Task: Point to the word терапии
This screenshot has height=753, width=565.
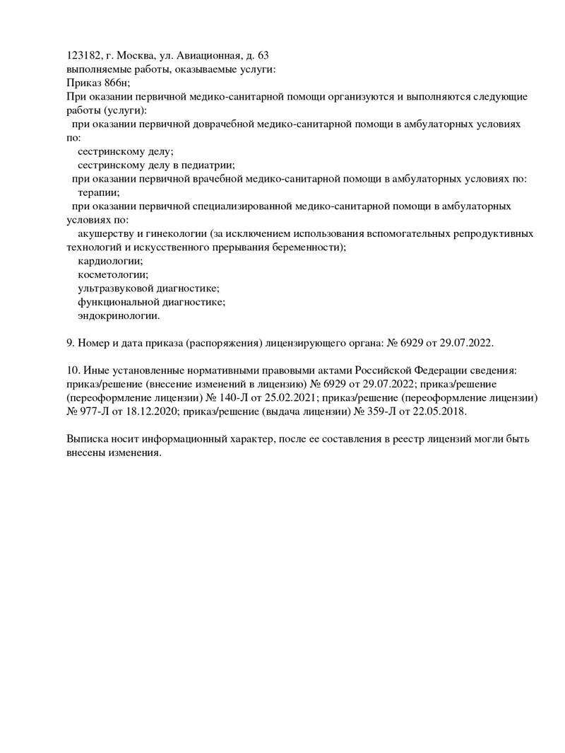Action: click(x=98, y=192)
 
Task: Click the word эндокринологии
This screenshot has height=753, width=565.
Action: click(x=118, y=316)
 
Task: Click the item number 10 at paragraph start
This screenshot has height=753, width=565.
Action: click(x=72, y=370)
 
